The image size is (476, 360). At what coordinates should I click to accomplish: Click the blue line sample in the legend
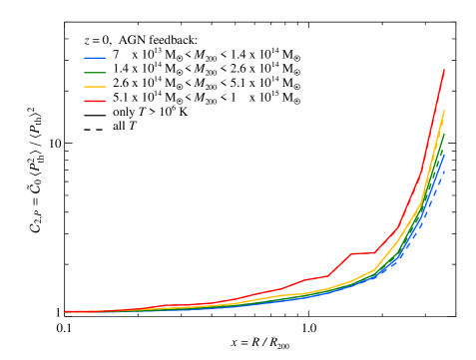coord(95,58)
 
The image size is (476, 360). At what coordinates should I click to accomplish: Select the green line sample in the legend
coord(95,72)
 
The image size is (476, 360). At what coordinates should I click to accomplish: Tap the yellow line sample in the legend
coord(95,87)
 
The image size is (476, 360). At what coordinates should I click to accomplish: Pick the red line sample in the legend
coord(95,101)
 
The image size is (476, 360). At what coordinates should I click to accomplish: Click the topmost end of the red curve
coord(443,70)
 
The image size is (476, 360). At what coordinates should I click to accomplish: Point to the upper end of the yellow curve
coord(443,111)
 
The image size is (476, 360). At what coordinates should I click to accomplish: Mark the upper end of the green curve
coord(443,133)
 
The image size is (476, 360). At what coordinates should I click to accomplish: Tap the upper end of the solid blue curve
coord(443,156)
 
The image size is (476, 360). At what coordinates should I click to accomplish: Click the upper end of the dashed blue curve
coord(443,172)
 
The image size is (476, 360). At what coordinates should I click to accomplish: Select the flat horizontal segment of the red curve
coord(362,253)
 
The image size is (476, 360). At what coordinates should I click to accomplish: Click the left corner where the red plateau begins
coord(351,253)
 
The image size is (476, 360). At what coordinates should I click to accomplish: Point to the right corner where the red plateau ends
coord(374,253)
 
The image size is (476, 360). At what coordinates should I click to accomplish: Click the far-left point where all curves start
coord(66,312)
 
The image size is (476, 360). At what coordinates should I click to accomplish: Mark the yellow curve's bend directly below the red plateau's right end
coord(374,270)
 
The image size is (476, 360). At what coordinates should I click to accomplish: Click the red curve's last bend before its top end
coord(420,174)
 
